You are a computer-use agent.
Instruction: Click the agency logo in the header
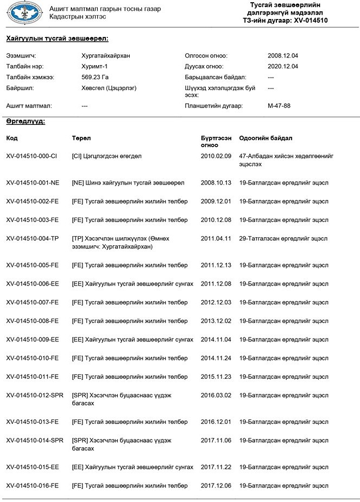click(24, 12)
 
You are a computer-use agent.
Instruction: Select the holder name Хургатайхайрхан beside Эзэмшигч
click(106, 56)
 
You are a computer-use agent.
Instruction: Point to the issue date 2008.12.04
click(283, 56)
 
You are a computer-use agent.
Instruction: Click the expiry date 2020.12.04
click(283, 66)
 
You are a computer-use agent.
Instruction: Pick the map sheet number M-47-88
click(279, 106)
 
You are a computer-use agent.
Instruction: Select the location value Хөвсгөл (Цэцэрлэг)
click(109, 87)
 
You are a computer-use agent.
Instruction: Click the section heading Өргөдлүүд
click(26, 121)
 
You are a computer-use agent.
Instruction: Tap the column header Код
click(12, 138)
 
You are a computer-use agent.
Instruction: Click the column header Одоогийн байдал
click(266, 138)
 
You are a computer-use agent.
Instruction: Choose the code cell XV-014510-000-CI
click(31, 156)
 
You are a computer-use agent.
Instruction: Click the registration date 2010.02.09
click(216, 156)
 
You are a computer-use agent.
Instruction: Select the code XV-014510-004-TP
click(32, 238)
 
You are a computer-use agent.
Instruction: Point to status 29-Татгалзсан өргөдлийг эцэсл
click(283, 238)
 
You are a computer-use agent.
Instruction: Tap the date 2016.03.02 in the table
click(216, 395)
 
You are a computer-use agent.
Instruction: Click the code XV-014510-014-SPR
click(34, 440)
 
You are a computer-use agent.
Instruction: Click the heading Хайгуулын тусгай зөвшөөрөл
click(57, 39)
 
